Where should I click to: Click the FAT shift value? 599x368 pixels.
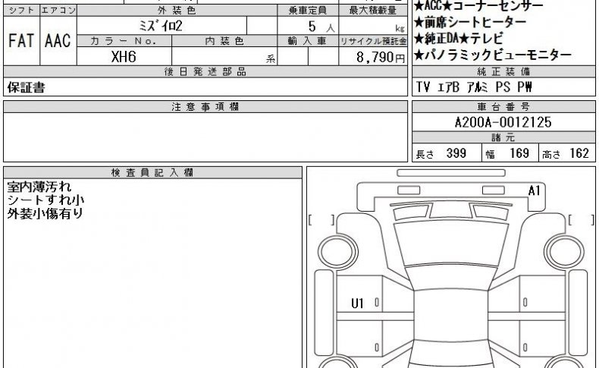pyautogui.click(x=21, y=41)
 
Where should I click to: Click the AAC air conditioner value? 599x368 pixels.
pyautogui.click(x=58, y=41)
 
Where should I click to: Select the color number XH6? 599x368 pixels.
pyautogui.click(x=124, y=57)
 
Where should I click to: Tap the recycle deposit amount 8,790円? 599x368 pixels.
pyautogui.click(x=381, y=58)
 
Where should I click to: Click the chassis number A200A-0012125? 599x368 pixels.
pyautogui.click(x=503, y=122)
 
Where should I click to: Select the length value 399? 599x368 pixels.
pyautogui.click(x=456, y=153)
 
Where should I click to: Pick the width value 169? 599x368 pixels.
pyautogui.click(x=519, y=153)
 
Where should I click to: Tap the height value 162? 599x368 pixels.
pyautogui.click(x=579, y=153)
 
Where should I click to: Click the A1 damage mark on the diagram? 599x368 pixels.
pyautogui.click(x=534, y=190)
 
